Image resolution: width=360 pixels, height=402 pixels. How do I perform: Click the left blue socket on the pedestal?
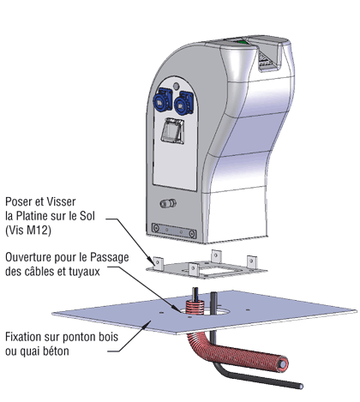[x=163, y=99]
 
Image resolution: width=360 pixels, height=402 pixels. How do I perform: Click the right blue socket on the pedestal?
[x=183, y=102]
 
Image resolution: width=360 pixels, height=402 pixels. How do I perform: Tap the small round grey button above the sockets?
[x=177, y=86]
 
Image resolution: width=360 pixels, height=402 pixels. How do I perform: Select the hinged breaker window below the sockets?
[x=172, y=130]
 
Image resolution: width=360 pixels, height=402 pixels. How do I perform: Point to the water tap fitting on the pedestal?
[x=168, y=203]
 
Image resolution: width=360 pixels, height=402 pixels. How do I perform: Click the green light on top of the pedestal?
[x=242, y=42]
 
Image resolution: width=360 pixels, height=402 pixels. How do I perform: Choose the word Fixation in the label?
[x=23, y=337]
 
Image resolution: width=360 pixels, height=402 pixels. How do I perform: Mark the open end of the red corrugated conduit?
[x=283, y=364]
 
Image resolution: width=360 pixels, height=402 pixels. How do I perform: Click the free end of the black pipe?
[x=301, y=386]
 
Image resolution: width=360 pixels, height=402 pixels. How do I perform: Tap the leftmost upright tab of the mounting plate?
[x=159, y=263]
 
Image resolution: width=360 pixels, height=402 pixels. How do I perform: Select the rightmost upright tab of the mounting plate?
[x=252, y=262]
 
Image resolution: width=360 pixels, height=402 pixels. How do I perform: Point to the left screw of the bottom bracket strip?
[x=156, y=228]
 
